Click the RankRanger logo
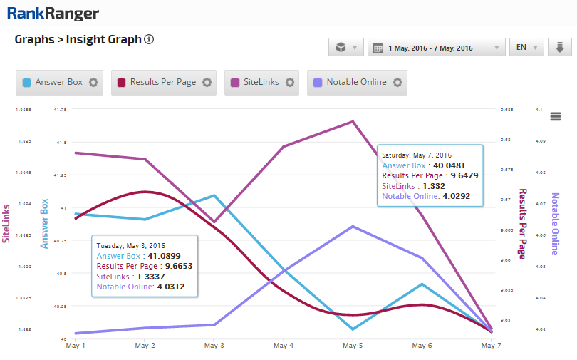tap(53, 13)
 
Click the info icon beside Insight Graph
tap(149, 40)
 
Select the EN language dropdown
tap(527, 48)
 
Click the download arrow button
tap(560, 48)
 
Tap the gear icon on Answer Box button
tap(93, 82)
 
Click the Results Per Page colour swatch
tap(121, 82)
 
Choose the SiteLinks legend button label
tap(261, 82)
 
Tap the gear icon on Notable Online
tap(397, 82)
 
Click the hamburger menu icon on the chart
tap(556, 116)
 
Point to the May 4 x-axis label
tap(284, 346)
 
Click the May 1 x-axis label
tap(76, 346)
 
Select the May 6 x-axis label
tap(422, 346)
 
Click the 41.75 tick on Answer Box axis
tap(60, 110)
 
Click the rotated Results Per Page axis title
tap(522, 224)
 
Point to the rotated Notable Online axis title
tap(556, 224)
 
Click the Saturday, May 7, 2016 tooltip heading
tap(417, 155)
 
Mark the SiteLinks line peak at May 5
tap(353, 121)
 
